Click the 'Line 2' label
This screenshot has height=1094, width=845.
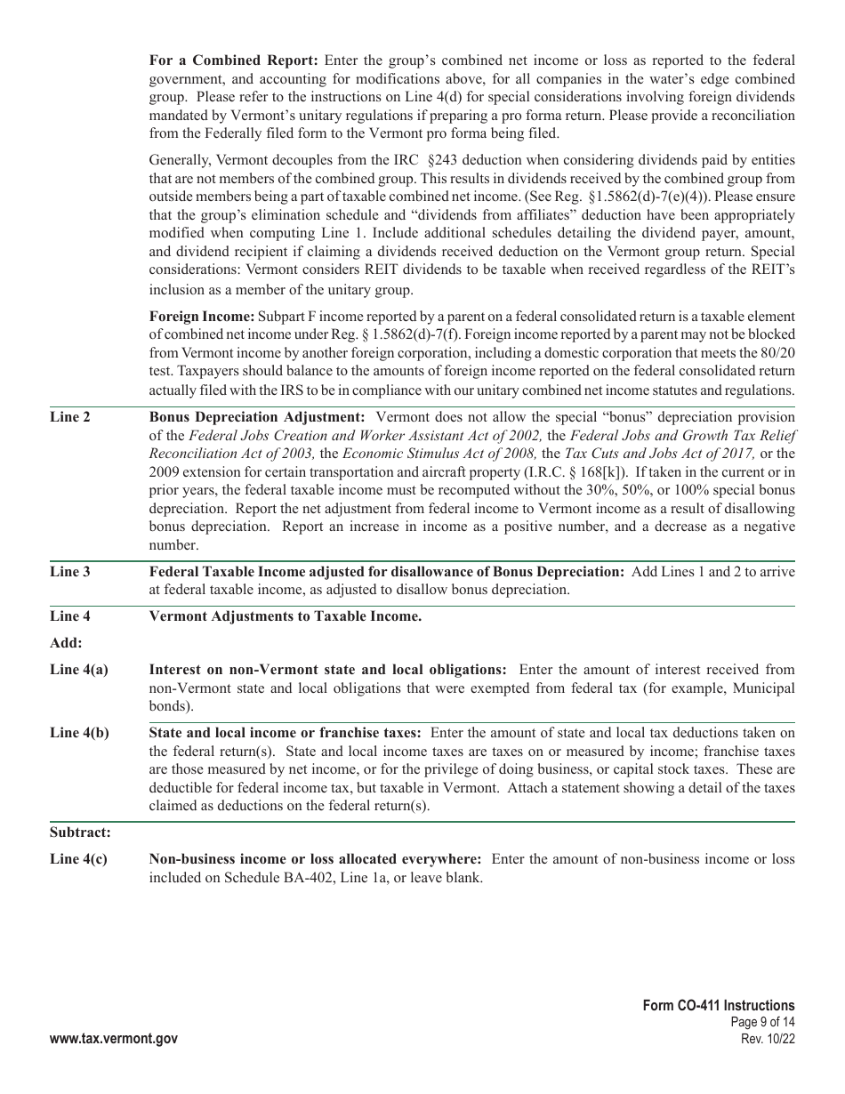69,417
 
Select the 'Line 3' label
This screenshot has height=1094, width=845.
69,572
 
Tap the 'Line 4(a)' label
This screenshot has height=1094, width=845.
79,670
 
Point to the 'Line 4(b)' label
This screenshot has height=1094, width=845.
79,733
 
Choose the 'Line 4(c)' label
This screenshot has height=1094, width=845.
78,859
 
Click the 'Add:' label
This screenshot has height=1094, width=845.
66,643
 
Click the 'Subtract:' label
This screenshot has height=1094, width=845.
80,833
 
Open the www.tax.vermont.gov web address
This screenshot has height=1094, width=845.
114,1039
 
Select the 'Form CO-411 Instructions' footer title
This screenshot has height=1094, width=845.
719,1005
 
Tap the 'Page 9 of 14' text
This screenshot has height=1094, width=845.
761,1023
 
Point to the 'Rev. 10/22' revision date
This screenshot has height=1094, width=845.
768,1039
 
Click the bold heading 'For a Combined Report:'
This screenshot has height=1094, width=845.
233,60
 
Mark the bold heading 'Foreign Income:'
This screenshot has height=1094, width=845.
202,317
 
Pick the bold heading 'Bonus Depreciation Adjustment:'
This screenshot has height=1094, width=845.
257,417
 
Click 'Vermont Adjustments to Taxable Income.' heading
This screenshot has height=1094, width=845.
285,616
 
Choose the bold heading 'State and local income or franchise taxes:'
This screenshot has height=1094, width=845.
286,733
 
